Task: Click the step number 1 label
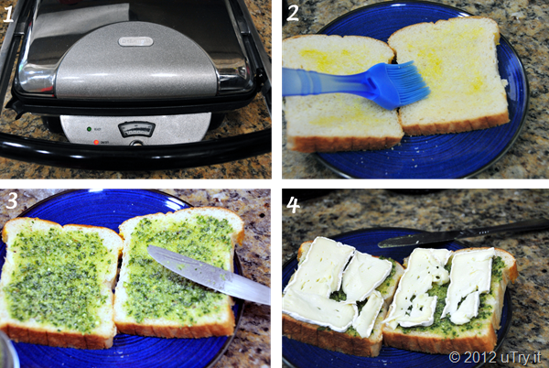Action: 8,14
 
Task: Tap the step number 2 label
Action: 293,13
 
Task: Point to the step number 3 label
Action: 12,200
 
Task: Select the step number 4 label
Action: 293,205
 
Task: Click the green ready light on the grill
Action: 89,129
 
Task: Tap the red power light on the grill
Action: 96,142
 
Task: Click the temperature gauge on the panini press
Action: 137,129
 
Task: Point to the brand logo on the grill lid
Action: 135,41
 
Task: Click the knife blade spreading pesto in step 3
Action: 209,274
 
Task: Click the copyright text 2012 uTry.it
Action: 495,357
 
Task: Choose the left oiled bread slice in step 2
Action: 341,92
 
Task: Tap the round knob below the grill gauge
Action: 137,143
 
